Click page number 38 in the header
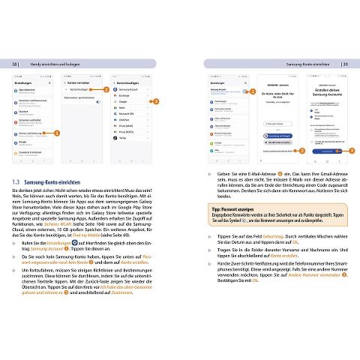coord(15,65)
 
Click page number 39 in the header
coord(343,65)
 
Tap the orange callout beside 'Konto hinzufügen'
coord(106,89)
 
